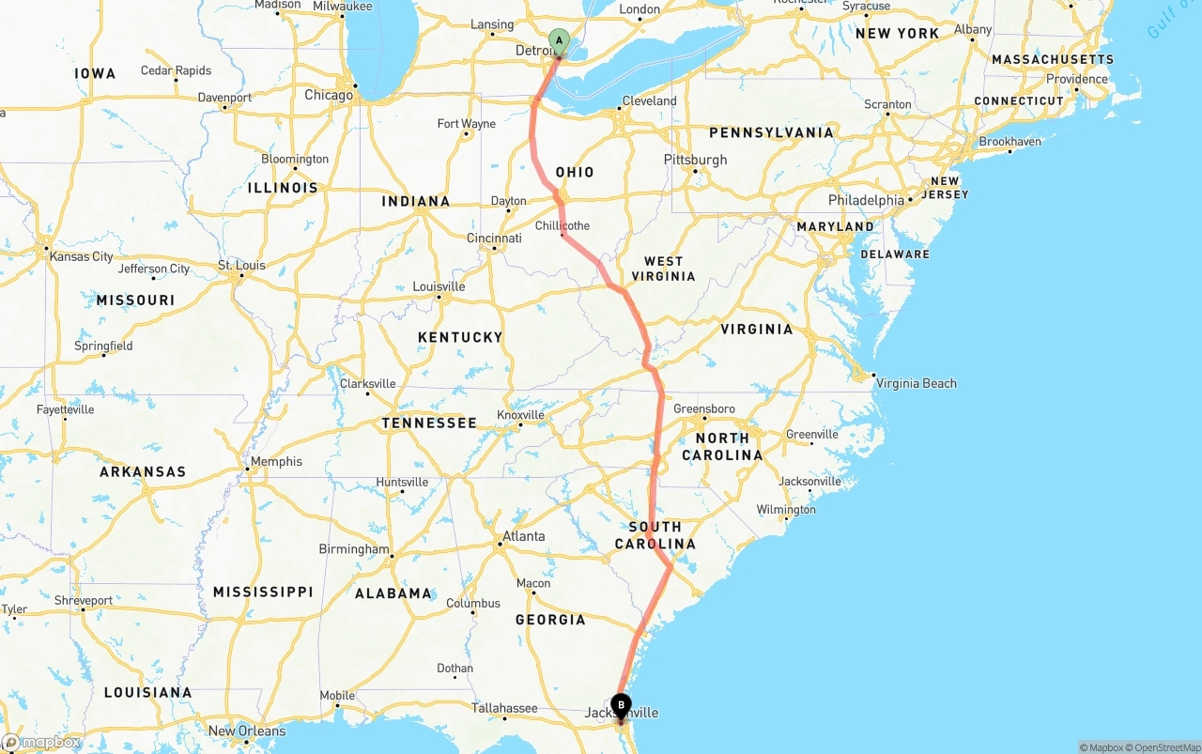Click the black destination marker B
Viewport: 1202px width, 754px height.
621,705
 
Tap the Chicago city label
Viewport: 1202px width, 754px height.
329,95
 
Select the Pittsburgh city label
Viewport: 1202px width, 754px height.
695,160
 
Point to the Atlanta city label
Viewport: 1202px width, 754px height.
523,536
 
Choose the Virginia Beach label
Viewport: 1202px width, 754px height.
916,383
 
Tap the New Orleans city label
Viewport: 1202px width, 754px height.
246,731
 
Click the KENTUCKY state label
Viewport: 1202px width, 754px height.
460,337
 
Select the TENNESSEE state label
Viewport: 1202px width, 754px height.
429,423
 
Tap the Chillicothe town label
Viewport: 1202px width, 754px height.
562,225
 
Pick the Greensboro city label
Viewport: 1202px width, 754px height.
703,408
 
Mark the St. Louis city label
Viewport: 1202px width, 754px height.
241,266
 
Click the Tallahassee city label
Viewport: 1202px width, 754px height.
504,708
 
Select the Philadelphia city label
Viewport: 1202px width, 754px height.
866,200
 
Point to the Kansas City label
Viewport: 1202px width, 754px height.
82,256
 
